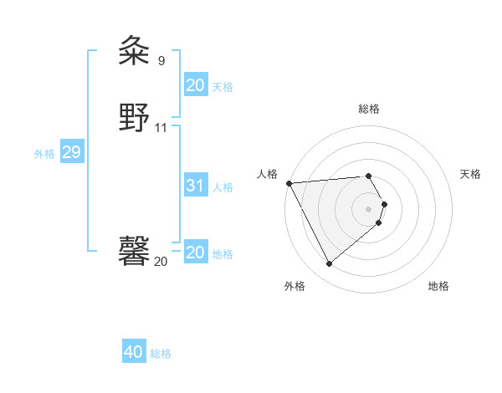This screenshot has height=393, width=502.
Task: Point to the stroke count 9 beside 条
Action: (161, 60)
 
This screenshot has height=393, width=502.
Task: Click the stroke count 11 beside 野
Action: (161, 128)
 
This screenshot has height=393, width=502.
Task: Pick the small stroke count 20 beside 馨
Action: (161, 262)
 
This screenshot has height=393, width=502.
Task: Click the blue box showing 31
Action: (195, 186)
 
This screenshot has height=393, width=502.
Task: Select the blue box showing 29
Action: (71, 153)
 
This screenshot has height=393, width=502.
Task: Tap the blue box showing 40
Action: (134, 353)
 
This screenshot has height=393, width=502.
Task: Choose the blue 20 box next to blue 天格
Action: (195, 85)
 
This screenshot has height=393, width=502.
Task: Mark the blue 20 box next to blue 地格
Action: (195, 253)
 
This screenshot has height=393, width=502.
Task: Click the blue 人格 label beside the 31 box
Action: (223, 187)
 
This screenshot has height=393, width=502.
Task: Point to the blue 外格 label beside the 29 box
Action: (44, 154)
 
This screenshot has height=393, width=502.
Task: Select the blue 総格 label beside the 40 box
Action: (161, 354)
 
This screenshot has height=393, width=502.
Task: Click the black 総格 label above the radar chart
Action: (369, 109)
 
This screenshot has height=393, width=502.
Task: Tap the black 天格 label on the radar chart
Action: (470, 174)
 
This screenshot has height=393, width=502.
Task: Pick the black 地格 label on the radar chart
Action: (438, 286)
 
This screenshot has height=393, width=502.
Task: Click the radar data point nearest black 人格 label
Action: (289, 183)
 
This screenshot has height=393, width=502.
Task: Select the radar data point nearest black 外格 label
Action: (329, 264)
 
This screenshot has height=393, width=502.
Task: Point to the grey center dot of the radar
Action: (369, 209)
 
